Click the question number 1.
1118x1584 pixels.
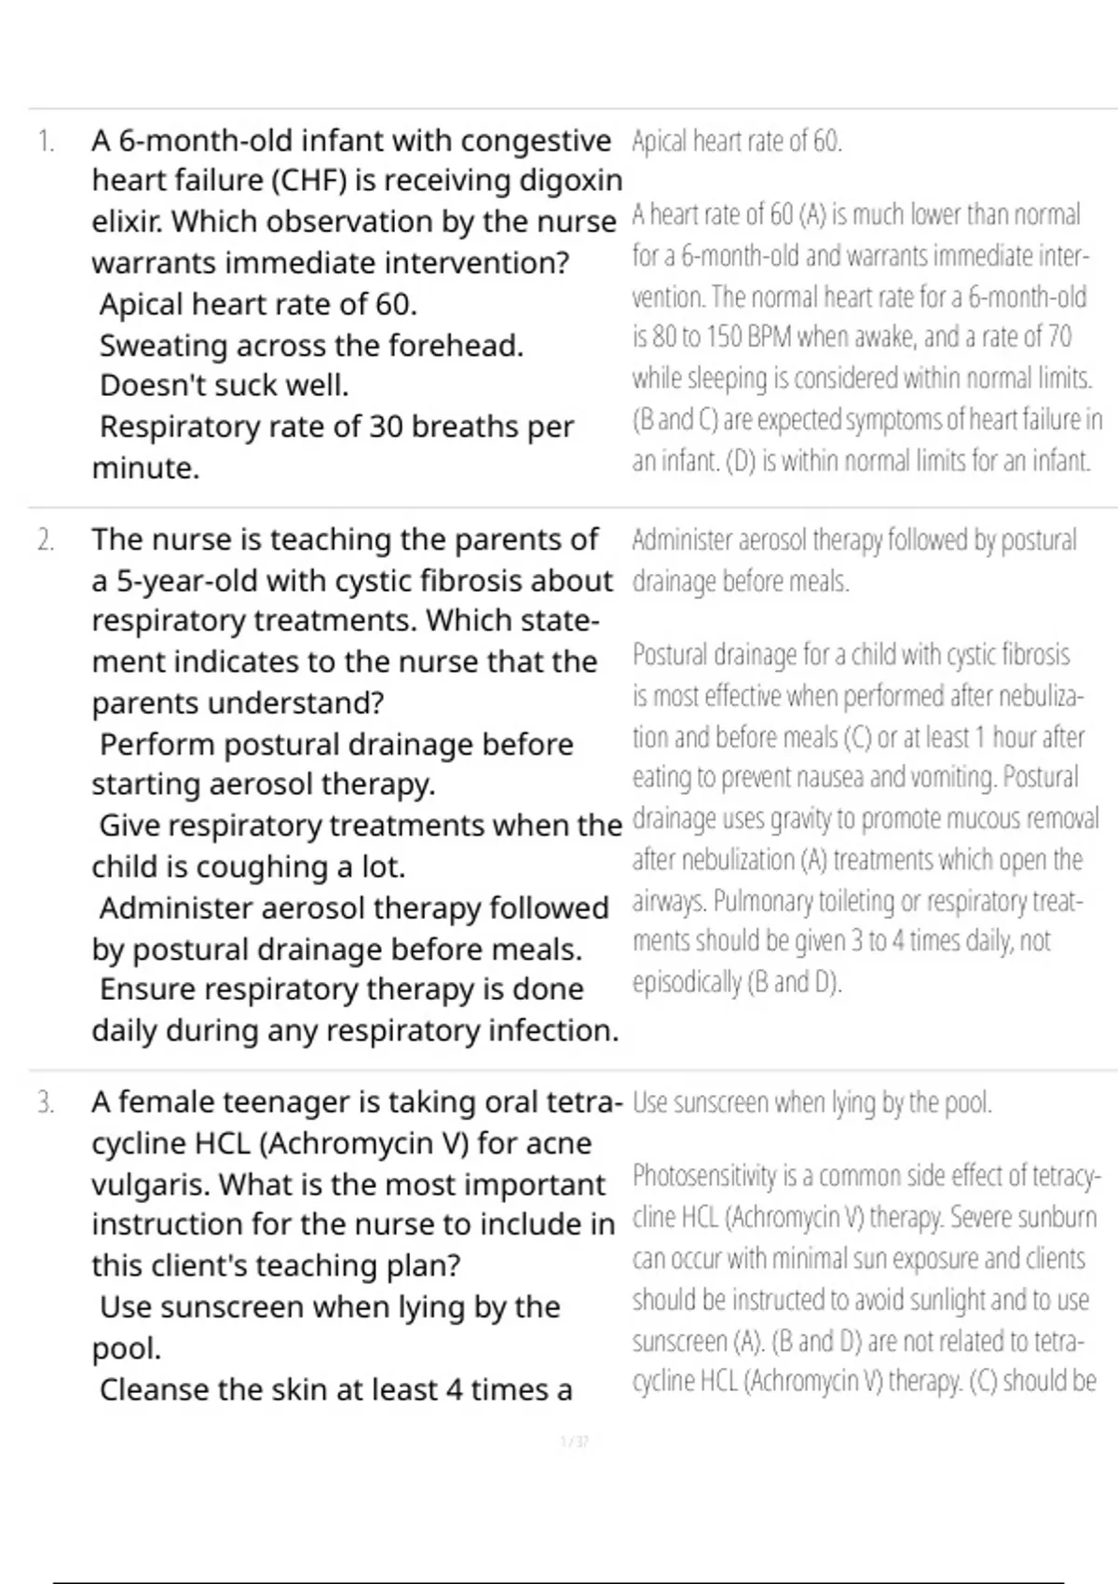pos(46,142)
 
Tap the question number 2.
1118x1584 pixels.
pos(46,540)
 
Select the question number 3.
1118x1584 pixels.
pos(46,1103)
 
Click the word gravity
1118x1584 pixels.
pos(809,819)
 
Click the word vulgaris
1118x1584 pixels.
pos(150,1185)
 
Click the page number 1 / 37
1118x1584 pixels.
pos(574,1442)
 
